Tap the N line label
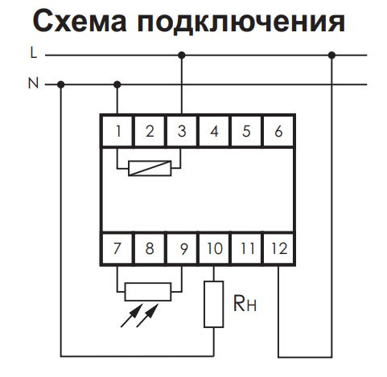(32, 84)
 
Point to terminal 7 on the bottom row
(118, 248)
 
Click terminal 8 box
(150, 248)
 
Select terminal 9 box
(182, 248)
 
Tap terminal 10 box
(213, 248)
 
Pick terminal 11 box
(245, 248)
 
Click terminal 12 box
(278, 248)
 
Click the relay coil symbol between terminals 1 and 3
(150, 169)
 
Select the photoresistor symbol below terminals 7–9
(150, 290)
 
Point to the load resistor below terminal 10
(213, 303)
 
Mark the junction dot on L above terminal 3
(182, 55)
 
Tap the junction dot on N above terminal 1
(119, 84)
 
